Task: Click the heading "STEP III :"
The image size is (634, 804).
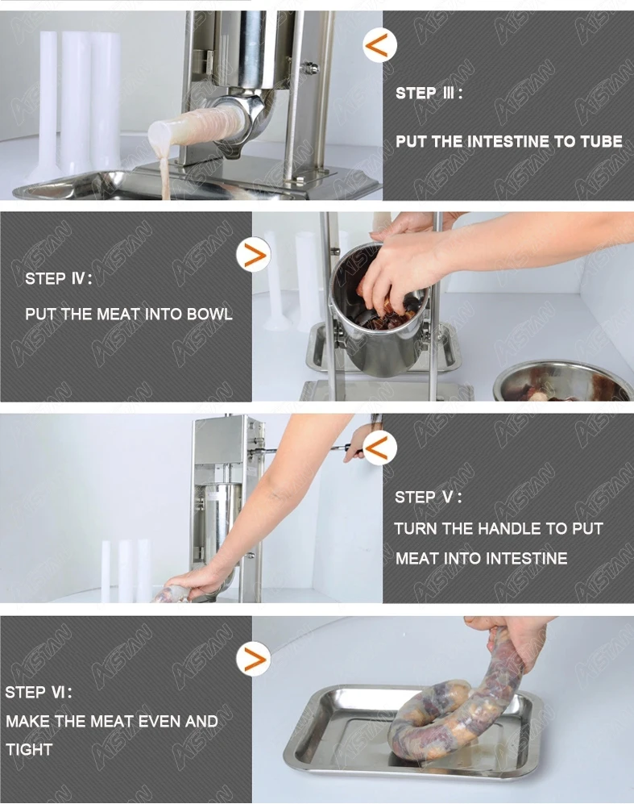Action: (429, 94)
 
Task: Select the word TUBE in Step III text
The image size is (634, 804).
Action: (601, 141)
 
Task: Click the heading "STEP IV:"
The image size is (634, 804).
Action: (59, 279)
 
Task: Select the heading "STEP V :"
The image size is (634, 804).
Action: (429, 498)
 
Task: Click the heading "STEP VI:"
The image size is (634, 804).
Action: (39, 693)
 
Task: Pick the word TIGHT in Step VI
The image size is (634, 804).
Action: (29, 750)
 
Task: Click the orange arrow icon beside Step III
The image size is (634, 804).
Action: (380, 45)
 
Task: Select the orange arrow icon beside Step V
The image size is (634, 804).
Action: (380, 448)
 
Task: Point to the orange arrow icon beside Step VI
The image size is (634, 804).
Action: (254, 658)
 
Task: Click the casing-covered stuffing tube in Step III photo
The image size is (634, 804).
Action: (197, 127)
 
